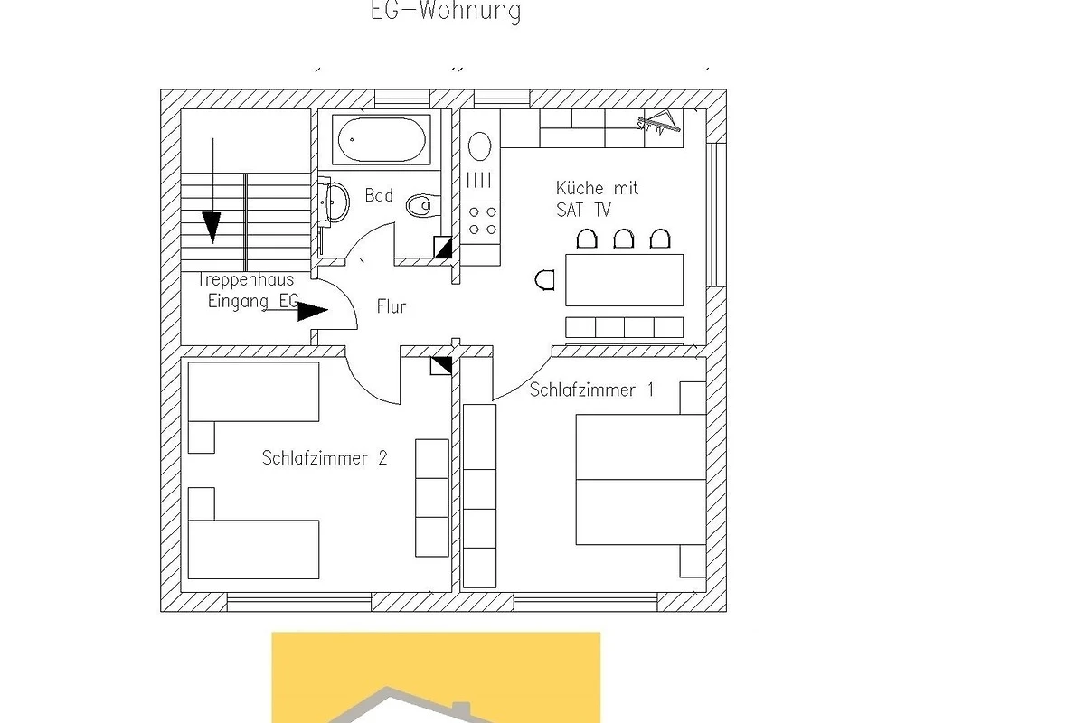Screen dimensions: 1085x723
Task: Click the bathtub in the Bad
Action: click(x=382, y=140)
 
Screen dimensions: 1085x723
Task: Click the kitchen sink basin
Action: click(x=479, y=146)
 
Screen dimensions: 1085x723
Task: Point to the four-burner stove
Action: click(x=483, y=221)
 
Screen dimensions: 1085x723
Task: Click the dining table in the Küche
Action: click(x=625, y=280)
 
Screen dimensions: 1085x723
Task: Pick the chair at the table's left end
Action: click(x=544, y=280)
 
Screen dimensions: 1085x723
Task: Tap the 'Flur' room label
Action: click(x=392, y=306)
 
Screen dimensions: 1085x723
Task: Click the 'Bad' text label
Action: click(x=379, y=195)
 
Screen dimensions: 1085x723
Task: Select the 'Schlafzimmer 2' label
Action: click(x=325, y=458)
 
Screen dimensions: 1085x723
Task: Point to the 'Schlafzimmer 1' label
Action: click(x=591, y=390)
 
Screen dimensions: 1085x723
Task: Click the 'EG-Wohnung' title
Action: click(x=446, y=11)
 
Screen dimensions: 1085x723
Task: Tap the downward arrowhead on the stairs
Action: click(x=212, y=227)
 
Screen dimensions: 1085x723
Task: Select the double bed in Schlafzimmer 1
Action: click(x=641, y=479)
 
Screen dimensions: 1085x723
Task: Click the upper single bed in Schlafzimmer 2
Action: click(x=253, y=391)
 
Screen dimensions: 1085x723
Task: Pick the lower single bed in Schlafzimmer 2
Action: click(x=253, y=549)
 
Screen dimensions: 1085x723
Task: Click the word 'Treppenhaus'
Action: click(x=246, y=280)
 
